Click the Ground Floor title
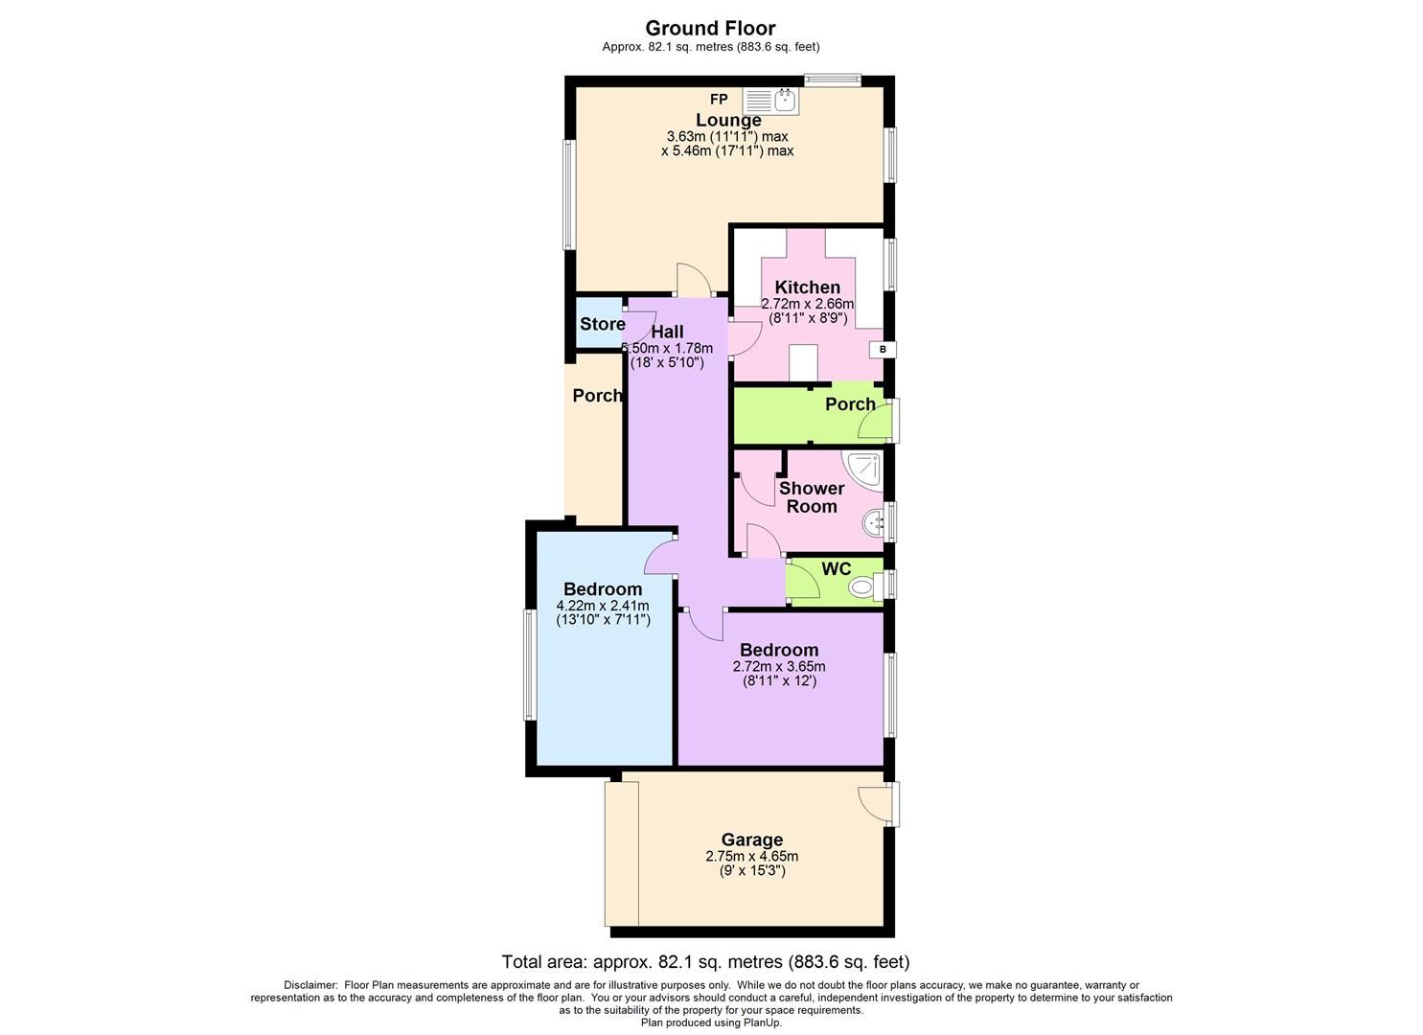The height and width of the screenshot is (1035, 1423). pyautogui.click(x=710, y=28)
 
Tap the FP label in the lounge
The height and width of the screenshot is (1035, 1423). pyautogui.click(x=719, y=100)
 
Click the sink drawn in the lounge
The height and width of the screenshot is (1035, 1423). pyautogui.click(x=769, y=100)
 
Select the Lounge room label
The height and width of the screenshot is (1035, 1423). pyautogui.click(x=728, y=120)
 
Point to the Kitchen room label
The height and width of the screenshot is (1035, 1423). pyautogui.click(x=807, y=287)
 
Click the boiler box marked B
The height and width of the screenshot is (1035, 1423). pyautogui.click(x=882, y=350)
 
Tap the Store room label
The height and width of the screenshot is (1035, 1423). pyautogui.click(x=602, y=324)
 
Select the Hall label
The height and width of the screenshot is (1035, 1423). pyautogui.click(x=667, y=332)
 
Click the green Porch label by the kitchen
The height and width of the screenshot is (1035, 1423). pyautogui.click(x=850, y=404)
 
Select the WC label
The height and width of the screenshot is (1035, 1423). pyautogui.click(x=836, y=569)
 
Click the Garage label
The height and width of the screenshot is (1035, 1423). pyautogui.click(x=751, y=840)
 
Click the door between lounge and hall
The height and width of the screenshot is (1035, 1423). pyautogui.click(x=692, y=281)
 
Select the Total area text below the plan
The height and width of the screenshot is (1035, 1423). pyautogui.click(x=705, y=961)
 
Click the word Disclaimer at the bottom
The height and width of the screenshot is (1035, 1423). pyautogui.click(x=310, y=985)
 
